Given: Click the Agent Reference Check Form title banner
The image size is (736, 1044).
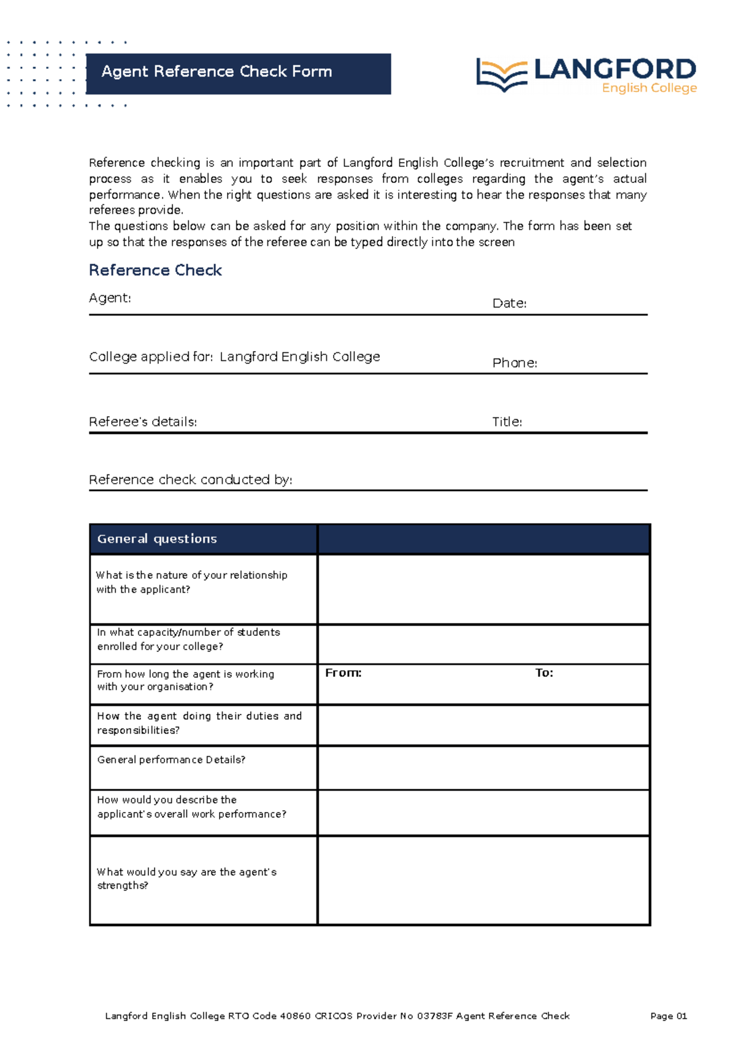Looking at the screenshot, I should tap(238, 73).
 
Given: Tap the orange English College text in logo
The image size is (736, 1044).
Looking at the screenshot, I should tap(649, 88).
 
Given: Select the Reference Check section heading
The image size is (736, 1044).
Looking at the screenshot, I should tap(155, 270).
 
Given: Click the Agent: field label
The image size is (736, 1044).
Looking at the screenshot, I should tap(110, 298).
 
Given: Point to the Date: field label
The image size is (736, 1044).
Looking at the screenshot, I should tap(509, 303).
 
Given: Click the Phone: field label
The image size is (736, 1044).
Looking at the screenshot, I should tap(515, 363).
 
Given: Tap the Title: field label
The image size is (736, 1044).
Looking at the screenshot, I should tap(507, 422).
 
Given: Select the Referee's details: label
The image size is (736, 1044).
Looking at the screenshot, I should tap(143, 422).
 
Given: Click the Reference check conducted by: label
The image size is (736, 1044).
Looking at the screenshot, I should tap(190, 479).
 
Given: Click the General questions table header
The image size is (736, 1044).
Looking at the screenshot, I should tap(157, 539).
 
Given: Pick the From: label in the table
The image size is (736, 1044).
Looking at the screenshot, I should tap(343, 673).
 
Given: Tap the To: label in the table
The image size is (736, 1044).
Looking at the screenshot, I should tap(544, 673).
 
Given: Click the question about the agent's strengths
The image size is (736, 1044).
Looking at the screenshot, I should tap(186, 878).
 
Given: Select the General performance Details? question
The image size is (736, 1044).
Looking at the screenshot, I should tap(171, 760).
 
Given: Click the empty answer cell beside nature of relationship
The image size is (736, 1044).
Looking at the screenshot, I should tap(483, 589).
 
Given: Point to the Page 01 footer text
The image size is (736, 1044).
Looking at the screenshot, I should tap(669, 1016).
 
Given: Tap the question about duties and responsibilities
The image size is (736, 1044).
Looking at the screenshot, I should tap(199, 723).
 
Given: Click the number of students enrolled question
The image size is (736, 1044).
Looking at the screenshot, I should tap(188, 639).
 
